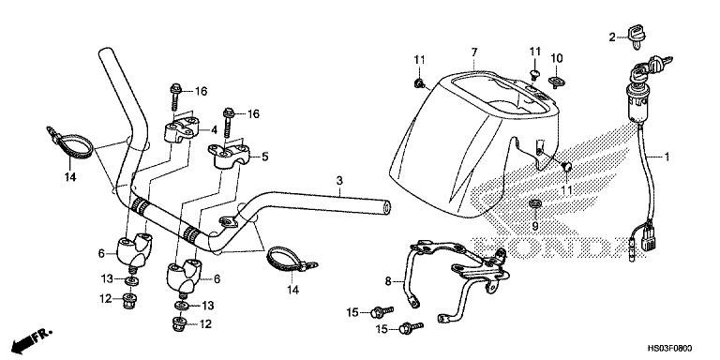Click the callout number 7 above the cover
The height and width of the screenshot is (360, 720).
tap(474, 52)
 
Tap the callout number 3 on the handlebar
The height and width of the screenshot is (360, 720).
tap(339, 180)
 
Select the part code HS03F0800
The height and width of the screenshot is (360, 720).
tap(670, 349)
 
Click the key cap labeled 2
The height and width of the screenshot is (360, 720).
tap(636, 36)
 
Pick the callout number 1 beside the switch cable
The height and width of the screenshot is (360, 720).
tap(667, 157)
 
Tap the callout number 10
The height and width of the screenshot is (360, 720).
tap(557, 58)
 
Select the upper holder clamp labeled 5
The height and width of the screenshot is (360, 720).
tap(228, 157)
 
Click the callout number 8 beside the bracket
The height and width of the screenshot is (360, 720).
tap(388, 281)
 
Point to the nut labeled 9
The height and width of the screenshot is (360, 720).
tap(534, 203)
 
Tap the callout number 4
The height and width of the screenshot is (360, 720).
tap(214, 130)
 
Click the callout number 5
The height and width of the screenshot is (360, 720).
tap(265, 157)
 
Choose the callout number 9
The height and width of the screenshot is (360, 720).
tap(534, 225)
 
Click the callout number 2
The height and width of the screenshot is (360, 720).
tap(612, 37)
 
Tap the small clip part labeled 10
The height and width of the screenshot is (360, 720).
tap(557, 82)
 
